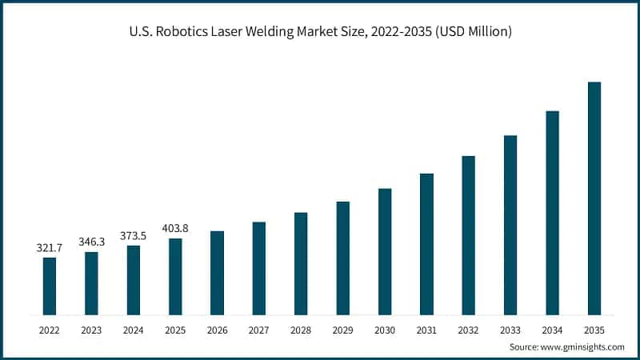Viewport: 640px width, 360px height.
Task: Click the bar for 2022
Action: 50,286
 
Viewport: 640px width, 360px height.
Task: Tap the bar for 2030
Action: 385,251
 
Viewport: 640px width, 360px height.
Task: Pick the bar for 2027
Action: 259,268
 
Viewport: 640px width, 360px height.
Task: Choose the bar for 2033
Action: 510,225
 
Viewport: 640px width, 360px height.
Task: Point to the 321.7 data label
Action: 50,248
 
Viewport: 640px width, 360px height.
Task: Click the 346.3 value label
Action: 91,241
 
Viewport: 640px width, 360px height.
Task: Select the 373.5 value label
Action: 133,235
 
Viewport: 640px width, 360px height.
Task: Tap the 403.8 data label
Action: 175,228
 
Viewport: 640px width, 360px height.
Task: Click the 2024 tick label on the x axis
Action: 133,329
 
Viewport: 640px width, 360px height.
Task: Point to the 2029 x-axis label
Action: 342,329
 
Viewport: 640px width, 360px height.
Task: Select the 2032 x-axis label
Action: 468,329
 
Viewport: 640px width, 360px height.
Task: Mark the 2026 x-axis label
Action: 217,329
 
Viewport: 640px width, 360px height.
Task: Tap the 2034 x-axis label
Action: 552,329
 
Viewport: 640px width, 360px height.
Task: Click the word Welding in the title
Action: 278,32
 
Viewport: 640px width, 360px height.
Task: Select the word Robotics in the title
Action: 180,32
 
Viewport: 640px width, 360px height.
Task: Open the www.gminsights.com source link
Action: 584,347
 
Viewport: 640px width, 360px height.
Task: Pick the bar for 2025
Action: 175,276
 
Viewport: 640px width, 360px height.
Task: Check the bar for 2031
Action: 426,244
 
